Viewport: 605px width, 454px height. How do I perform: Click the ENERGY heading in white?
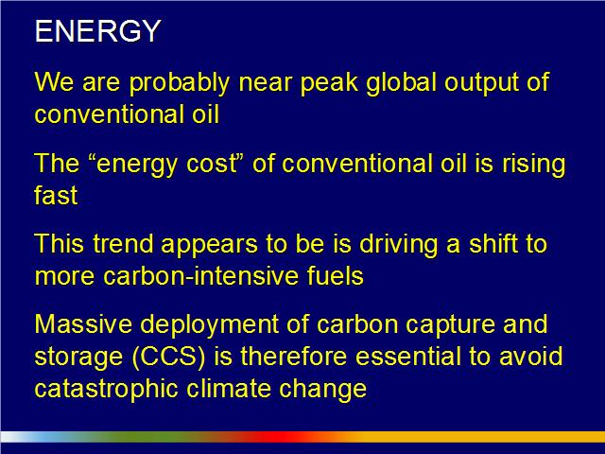[x=97, y=31]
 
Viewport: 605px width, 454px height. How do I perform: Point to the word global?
[x=402, y=83]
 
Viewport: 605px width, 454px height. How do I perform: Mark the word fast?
[x=57, y=195]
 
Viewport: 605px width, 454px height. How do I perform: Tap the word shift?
[x=493, y=244]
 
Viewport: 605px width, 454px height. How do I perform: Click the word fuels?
[x=336, y=276]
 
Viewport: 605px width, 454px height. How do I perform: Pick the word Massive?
[x=84, y=324]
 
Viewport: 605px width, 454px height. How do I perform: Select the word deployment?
[x=210, y=325]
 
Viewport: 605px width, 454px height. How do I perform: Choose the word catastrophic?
[x=107, y=389]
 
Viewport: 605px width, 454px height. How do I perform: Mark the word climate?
[x=229, y=389]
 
